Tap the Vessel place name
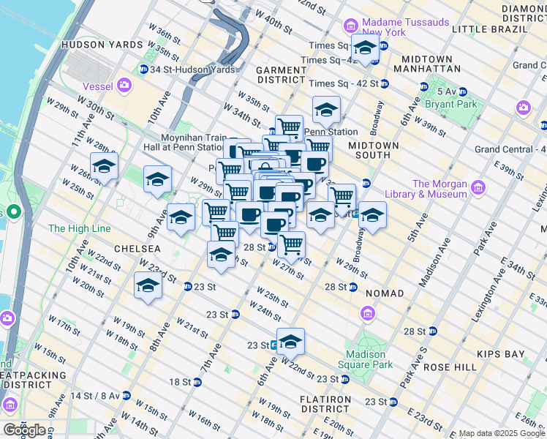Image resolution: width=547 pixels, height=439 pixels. point(97,86)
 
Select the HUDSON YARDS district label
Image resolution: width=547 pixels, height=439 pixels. point(102,45)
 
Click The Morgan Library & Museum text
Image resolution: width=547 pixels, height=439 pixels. point(440,189)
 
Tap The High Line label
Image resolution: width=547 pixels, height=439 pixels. point(79,229)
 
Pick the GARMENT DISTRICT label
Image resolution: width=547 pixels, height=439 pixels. point(280,74)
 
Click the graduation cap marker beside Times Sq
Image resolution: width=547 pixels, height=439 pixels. point(365,49)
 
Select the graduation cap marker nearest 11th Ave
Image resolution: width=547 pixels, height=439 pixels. point(105,166)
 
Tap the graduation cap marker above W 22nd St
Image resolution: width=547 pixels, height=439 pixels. point(290,341)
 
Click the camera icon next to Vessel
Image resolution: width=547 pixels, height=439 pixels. point(124,86)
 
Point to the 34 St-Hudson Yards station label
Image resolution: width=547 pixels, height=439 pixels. point(192,70)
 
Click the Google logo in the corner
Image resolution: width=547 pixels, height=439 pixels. point(24,430)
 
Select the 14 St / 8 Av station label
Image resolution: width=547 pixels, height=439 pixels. point(96,396)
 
